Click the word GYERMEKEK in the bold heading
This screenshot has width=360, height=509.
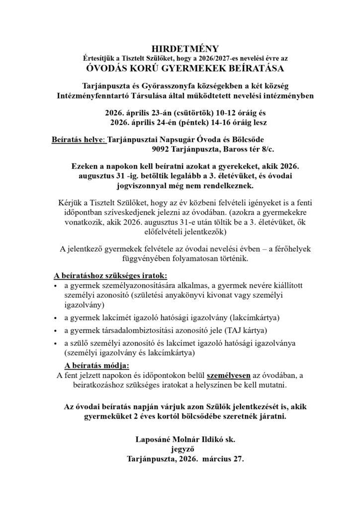pyautogui.click(x=200, y=68)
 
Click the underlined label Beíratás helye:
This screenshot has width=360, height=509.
pyautogui.click(x=79, y=140)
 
